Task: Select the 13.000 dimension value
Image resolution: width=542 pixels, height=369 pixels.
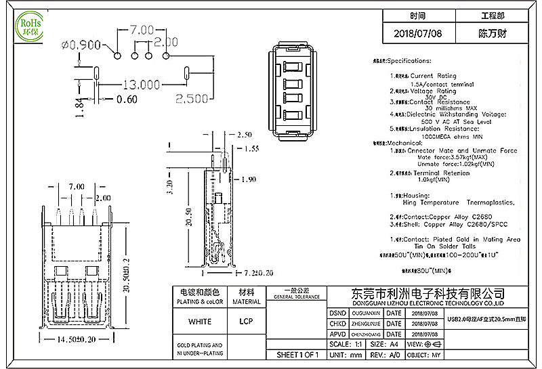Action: [141, 85]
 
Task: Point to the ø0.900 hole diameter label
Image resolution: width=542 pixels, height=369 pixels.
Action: [81, 45]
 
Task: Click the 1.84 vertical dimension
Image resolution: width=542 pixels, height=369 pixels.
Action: [79, 107]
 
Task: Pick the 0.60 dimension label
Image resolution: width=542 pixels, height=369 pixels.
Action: [126, 100]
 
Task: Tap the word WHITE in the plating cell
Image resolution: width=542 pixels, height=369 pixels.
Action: [199, 321]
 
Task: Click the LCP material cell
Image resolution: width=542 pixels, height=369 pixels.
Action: [246, 321]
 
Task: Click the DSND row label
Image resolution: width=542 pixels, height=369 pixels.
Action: [337, 313]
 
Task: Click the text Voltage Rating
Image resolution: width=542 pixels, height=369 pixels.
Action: [434, 91]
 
